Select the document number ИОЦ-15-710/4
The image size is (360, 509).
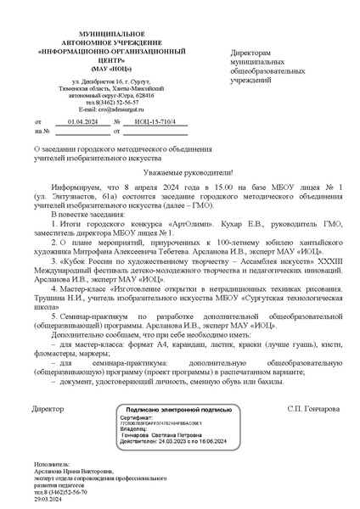(160, 122)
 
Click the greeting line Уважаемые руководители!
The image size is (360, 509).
(181, 171)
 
